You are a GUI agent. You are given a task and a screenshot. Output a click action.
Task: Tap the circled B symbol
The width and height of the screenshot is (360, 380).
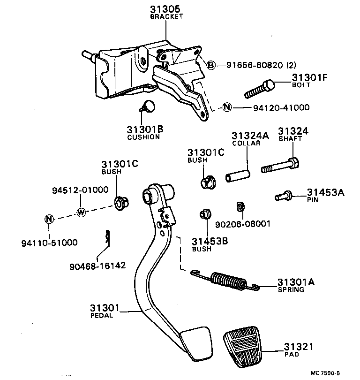[211, 65]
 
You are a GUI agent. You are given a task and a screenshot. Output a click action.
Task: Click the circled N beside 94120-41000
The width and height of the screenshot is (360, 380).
[227, 107]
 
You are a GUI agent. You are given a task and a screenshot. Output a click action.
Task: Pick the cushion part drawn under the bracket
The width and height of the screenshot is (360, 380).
[149, 106]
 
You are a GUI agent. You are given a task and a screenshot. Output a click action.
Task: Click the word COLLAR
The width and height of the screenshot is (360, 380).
[246, 143]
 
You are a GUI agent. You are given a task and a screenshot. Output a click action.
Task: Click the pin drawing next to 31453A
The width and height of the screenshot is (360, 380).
[284, 196]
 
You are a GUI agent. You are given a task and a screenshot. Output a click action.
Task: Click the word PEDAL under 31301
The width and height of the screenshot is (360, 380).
[101, 316]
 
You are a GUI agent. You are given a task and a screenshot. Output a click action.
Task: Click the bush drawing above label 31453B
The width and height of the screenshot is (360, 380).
[204, 214]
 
